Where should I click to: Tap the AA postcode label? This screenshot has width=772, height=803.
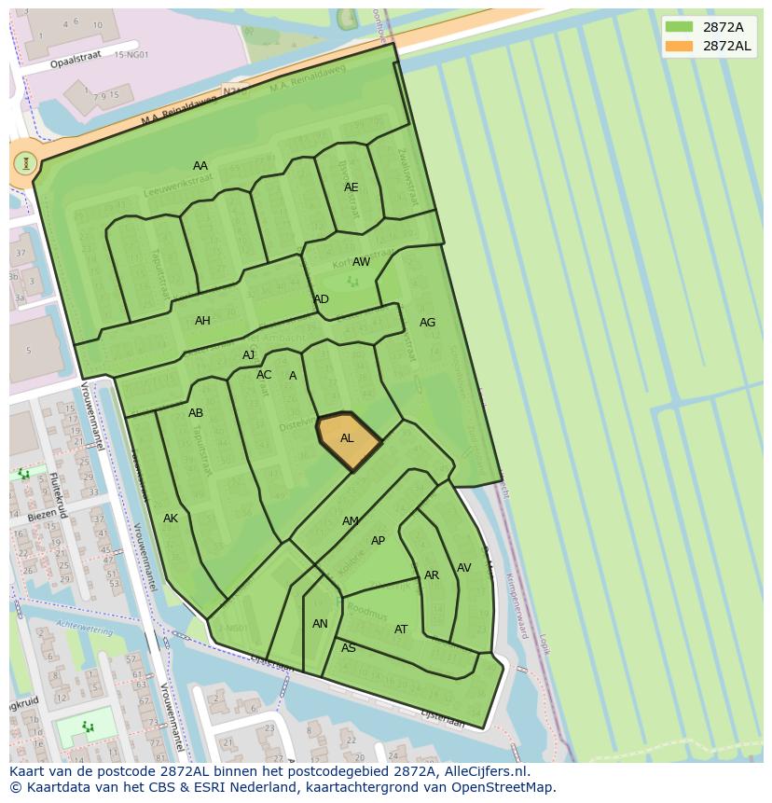200,166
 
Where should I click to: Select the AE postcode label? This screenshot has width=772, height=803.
351,187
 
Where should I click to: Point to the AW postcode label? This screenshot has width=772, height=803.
361,262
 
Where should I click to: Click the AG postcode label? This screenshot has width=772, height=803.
427,323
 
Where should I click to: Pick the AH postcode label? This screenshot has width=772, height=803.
202,321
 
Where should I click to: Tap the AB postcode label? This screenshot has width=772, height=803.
196,413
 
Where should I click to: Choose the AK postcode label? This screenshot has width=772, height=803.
171,519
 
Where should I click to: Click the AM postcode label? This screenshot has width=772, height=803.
351,521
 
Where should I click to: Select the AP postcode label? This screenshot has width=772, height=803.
378,541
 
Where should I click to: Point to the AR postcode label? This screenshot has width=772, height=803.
432,575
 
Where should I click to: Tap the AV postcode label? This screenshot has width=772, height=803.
463,568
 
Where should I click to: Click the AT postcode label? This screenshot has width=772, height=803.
401,630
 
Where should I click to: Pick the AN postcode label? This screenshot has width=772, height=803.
320,624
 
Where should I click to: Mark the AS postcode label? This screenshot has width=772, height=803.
349,648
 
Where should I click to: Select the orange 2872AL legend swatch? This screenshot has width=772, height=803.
680,46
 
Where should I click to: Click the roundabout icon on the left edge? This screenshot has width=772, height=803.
25,163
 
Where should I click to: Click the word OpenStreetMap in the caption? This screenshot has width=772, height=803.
505,787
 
